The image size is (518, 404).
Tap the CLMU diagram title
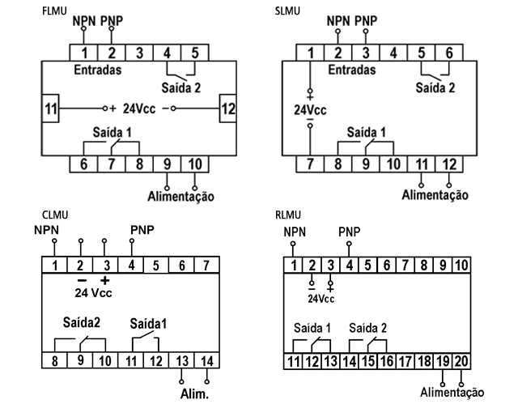pyautogui.click(x=54, y=215)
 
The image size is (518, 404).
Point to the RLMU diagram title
pyautogui.click(x=289, y=215)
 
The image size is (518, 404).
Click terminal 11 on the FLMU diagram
pyautogui.click(x=51, y=108)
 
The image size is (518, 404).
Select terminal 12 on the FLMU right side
pyautogui.click(x=228, y=108)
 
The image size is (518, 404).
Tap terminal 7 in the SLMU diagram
pyautogui.click(x=310, y=164)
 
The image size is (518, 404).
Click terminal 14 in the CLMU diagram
pyautogui.click(x=207, y=359)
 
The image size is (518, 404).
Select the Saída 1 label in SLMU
pyautogui.click(x=367, y=130)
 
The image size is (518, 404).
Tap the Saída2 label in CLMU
pyautogui.click(x=77, y=321)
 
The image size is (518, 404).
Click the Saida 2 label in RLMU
pyautogui.click(x=367, y=327)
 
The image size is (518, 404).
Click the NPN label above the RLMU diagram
pyautogui.click(x=296, y=233)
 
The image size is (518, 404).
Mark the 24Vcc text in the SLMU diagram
pyautogui.click(x=312, y=109)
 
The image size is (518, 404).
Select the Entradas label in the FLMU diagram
pyautogui.click(x=97, y=70)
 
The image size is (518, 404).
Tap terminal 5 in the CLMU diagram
pyautogui.click(x=156, y=266)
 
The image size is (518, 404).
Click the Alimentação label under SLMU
pyautogui.click(x=435, y=194)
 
